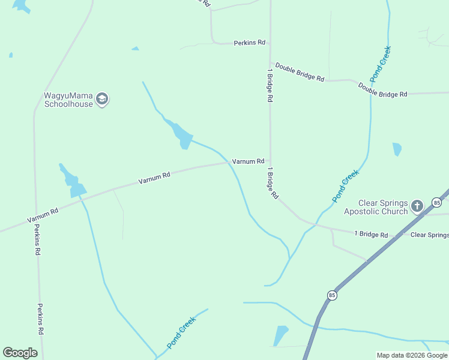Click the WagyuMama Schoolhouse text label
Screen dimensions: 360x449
point(68,100)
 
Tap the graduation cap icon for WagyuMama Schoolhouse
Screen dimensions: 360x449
point(102,99)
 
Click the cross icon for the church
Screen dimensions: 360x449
point(418,207)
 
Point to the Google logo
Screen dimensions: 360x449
point(20,353)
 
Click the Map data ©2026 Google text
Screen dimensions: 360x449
point(412,355)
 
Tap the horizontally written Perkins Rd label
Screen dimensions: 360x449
point(249,43)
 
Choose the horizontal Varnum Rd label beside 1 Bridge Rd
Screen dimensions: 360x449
point(248,161)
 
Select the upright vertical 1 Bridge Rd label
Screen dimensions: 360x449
point(270,84)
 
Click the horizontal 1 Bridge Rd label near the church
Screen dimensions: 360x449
point(371,234)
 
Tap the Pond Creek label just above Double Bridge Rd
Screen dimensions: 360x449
point(381,64)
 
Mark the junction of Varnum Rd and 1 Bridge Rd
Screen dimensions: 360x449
point(270,161)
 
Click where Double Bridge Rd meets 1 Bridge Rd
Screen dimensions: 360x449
point(270,61)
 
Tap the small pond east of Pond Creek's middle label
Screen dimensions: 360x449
point(397,149)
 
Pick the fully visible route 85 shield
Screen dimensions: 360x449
point(332,295)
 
